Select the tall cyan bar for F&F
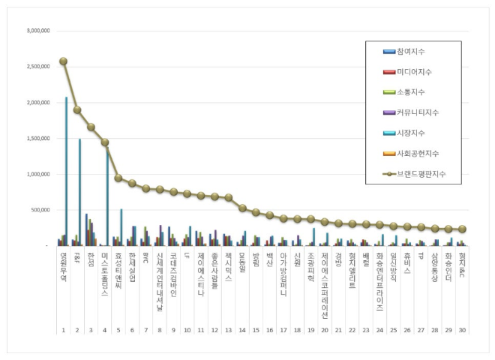point(79,192)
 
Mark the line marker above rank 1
point(63,61)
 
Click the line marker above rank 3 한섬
point(91,127)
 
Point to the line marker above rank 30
point(462,229)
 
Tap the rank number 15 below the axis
point(256,329)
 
